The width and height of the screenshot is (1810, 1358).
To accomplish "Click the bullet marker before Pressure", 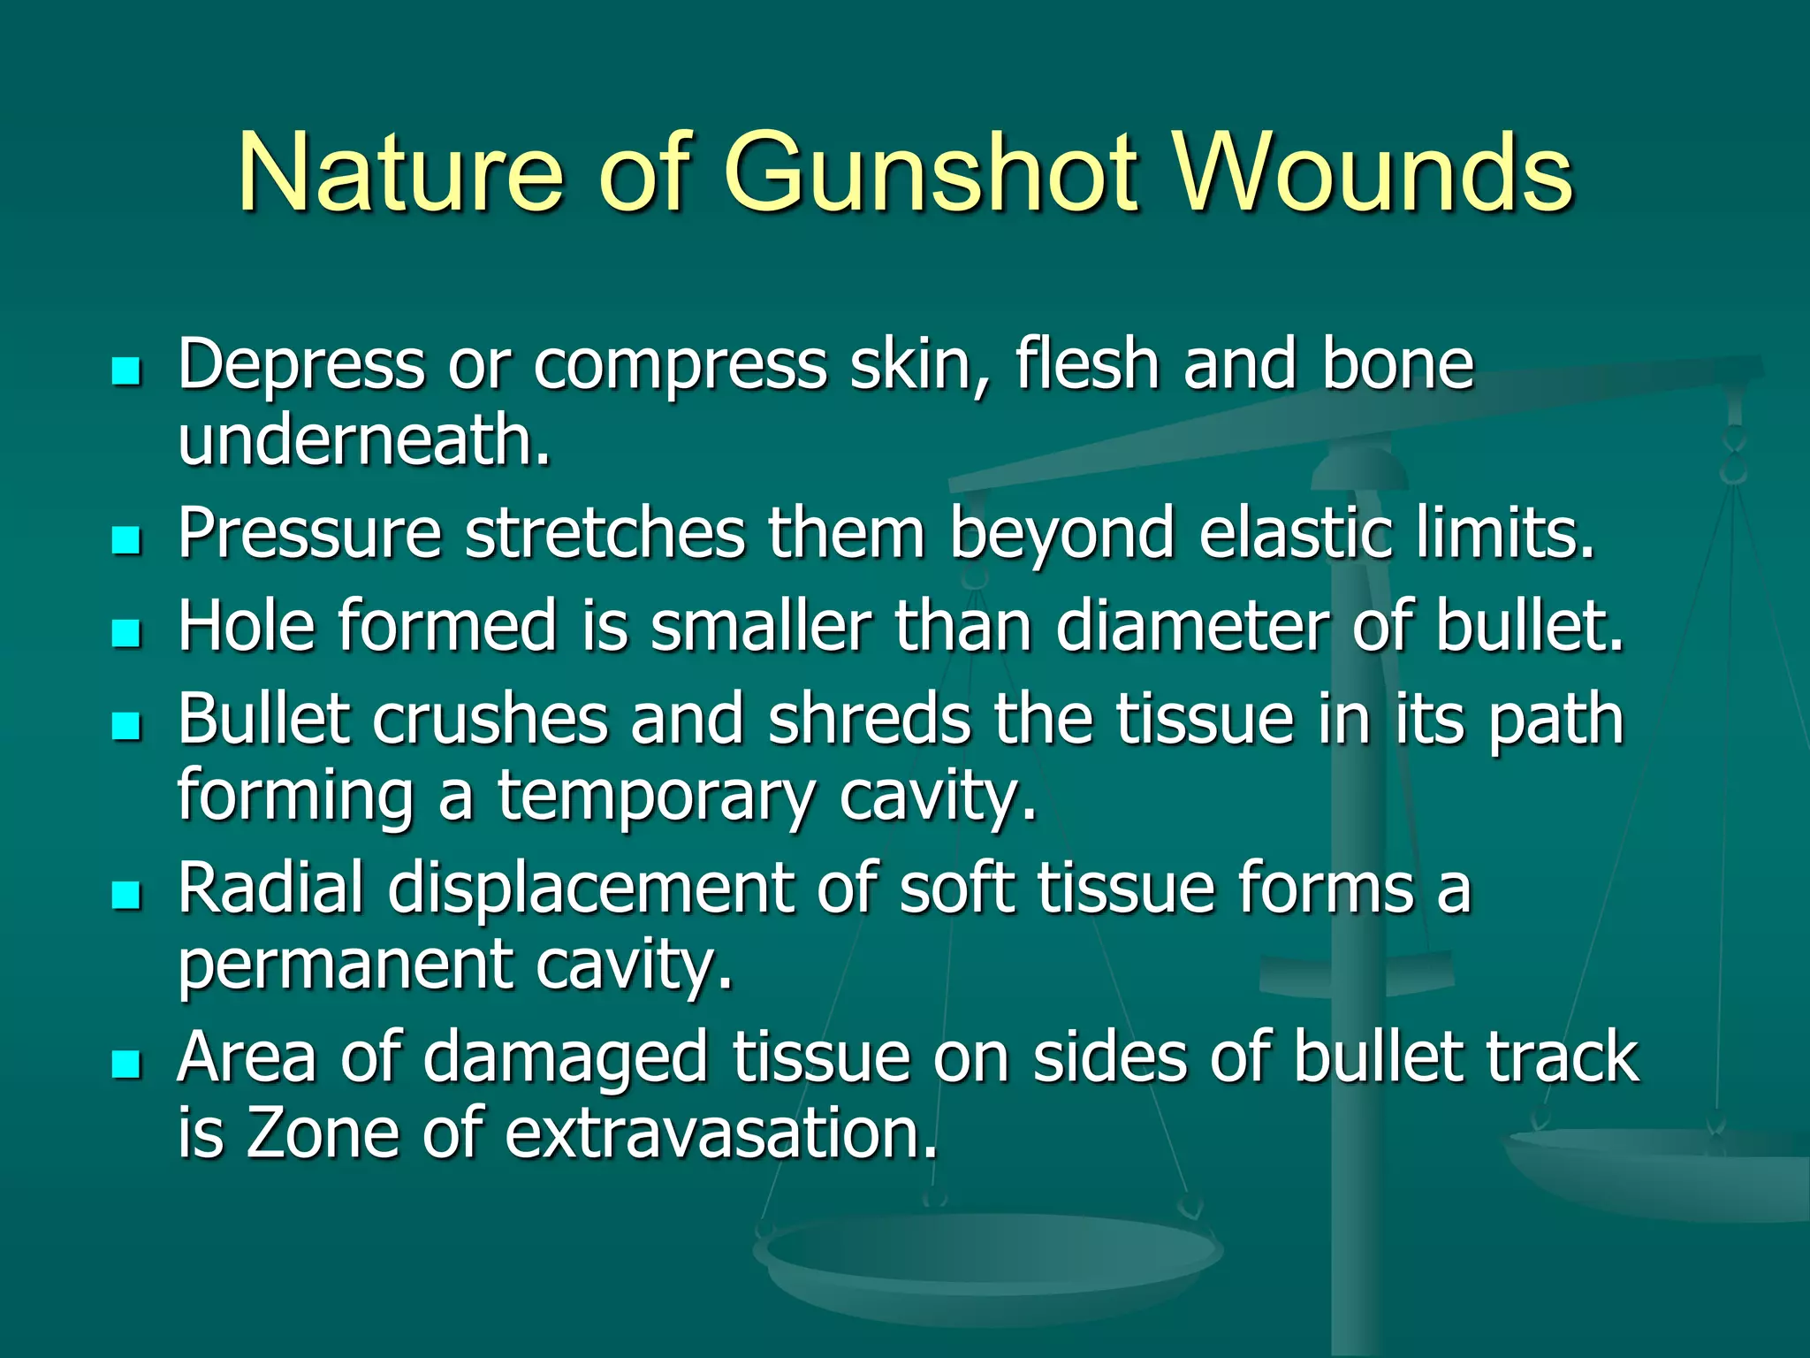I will (127, 540).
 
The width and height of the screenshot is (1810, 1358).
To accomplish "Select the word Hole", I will (247, 625).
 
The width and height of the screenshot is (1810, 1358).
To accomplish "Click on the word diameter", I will (1191, 625).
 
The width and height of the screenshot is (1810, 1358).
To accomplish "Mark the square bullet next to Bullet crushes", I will (127, 726).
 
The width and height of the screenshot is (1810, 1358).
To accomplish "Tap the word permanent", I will (346, 965).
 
